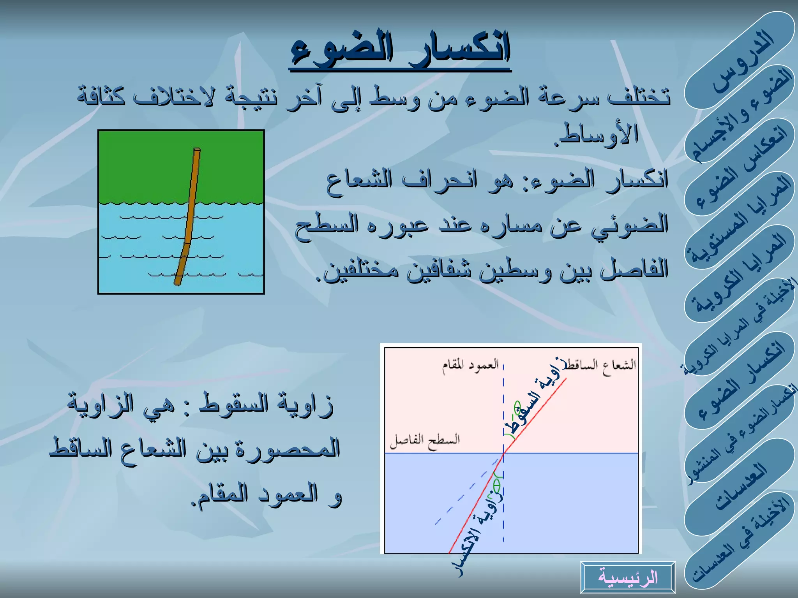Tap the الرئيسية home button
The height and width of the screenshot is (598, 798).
click(628, 577)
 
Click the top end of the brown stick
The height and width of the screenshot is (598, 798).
click(197, 149)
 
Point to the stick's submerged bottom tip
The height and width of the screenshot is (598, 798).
click(178, 283)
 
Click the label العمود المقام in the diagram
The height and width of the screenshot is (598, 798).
click(470, 366)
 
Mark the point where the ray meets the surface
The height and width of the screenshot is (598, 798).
click(504, 453)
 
